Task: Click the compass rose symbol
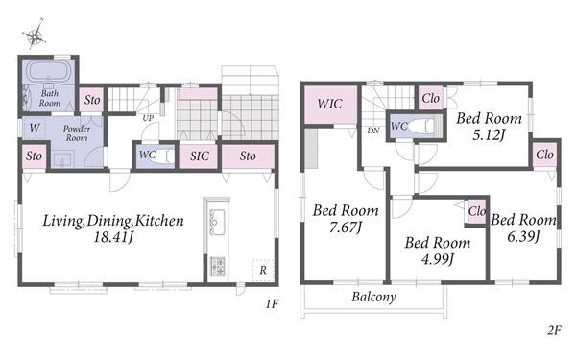(x=35, y=35)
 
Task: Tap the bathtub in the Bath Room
(x=49, y=71)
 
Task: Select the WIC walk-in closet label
(x=330, y=104)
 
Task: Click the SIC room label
(x=200, y=156)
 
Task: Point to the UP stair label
(x=148, y=118)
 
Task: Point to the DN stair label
(x=373, y=131)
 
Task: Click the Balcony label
(x=374, y=297)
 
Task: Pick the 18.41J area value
(x=113, y=237)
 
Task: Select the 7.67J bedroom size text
(x=346, y=228)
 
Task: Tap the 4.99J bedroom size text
(x=438, y=259)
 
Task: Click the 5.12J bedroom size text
(x=489, y=135)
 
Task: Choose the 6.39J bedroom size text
(x=523, y=236)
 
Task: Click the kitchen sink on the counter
(x=217, y=222)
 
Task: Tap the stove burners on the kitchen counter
(x=218, y=267)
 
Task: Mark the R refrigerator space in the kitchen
(x=263, y=271)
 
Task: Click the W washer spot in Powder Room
(x=35, y=128)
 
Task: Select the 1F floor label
(x=273, y=304)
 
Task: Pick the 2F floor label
(x=554, y=330)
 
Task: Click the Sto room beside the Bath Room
(x=92, y=100)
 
